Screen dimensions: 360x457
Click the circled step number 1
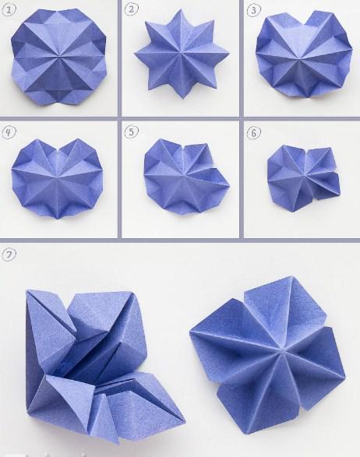(x=9, y=10)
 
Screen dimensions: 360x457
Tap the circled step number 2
(x=131, y=9)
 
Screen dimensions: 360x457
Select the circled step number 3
(x=253, y=10)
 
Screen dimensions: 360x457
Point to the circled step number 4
(x=9, y=132)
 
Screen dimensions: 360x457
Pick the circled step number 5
(x=131, y=132)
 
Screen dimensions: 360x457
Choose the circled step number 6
(x=253, y=133)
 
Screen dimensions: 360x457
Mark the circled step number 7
(x=9, y=255)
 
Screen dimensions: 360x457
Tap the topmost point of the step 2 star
(x=178, y=9)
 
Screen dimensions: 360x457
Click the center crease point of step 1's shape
(x=60, y=55)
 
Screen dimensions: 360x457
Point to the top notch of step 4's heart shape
(x=59, y=151)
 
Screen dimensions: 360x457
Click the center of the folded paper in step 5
(x=182, y=176)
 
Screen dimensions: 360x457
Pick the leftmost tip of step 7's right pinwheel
(x=190, y=332)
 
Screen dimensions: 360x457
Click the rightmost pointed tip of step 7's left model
(x=185, y=422)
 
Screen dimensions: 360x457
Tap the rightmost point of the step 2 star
(x=229, y=53)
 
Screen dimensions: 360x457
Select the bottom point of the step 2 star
(x=183, y=99)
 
